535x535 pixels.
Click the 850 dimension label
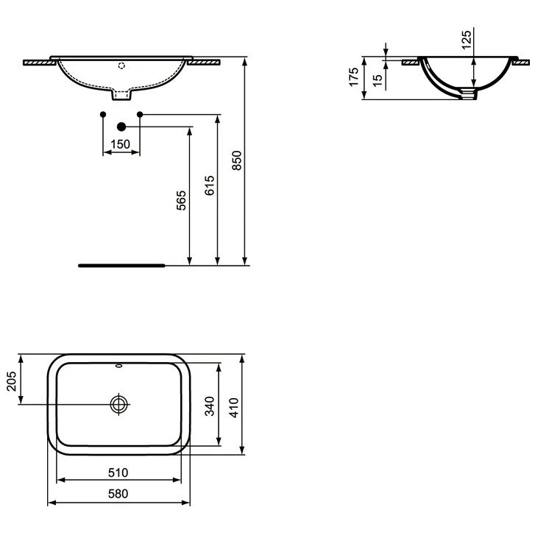[x=236, y=160]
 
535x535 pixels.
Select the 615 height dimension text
[x=210, y=185]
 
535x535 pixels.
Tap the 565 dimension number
[x=181, y=200]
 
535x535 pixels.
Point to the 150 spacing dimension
[x=121, y=144]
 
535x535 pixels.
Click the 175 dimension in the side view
[x=354, y=77]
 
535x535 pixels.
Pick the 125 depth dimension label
[x=466, y=40]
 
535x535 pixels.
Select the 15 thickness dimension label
[x=378, y=80]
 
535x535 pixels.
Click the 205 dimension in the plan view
[x=12, y=381]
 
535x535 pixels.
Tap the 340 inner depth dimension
[x=210, y=406]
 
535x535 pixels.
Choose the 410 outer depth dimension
[x=234, y=408]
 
